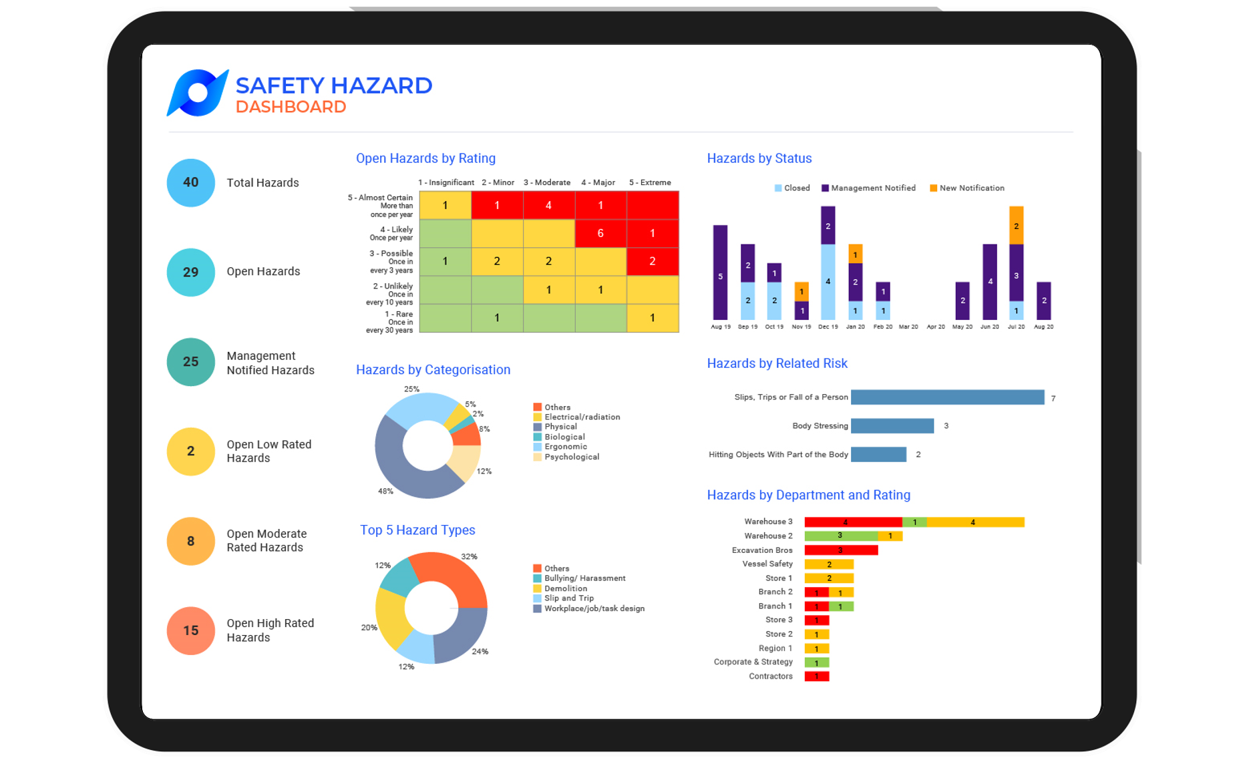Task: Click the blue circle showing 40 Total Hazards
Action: click(x=190, y=182)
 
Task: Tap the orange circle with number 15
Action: click(x=190, y=630)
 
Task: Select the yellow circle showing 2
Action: click(x=190, y=451)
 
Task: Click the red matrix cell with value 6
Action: click(x=600, y=233)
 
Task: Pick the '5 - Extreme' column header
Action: click(x=650, y=182)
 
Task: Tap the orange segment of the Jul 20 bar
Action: click(x=1016, y=225)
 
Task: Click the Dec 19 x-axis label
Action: click(x=828, y=327)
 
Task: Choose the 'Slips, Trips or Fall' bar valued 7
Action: click(x=947, y=397)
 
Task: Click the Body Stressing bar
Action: click(x=892, y=425)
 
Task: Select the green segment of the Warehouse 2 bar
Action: click(x=840, y=536)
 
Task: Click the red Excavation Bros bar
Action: click(x=840, y=550)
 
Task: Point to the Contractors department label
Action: click(x=770, y=677)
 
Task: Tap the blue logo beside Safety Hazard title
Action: click(x=197, y=93)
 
